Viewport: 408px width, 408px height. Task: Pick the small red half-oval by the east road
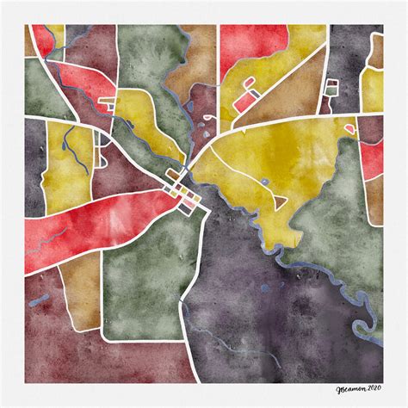pos(350,129)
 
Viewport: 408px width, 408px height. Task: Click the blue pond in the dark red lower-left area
pos(40,300)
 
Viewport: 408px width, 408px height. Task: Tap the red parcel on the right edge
pos(372,159)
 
